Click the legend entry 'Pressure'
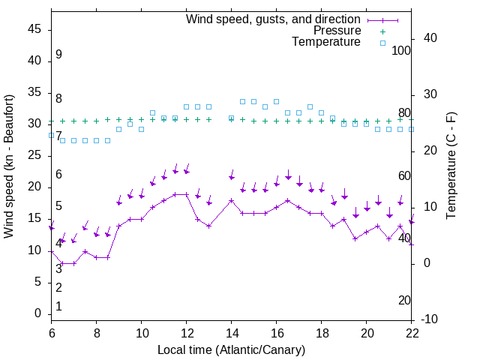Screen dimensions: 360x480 click(x=337, y=31)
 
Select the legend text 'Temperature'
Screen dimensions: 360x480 click(x=326, y=42)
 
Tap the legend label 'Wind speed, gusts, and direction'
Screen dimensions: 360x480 click(x=274, y=19)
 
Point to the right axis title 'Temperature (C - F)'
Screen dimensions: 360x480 click(x=451, y=166)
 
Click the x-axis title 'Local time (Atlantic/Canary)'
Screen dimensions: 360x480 click(x=231, y=349)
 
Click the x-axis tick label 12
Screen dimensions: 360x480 click(x=187, y=333)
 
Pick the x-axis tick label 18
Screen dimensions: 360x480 click(x=322, y=333)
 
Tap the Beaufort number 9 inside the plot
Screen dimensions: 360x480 click(x=58, y=55)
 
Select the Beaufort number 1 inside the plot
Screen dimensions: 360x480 click(x=58, y=307)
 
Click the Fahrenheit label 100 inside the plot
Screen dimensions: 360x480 click(x=401, y=51)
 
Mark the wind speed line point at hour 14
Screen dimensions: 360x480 click(x=232, y=200)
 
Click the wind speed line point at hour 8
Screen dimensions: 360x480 click(x=97, y=257)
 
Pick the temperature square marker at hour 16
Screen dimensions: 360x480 click(x=277, y=101)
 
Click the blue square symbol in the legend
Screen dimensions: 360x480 click(x=382, y=43)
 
